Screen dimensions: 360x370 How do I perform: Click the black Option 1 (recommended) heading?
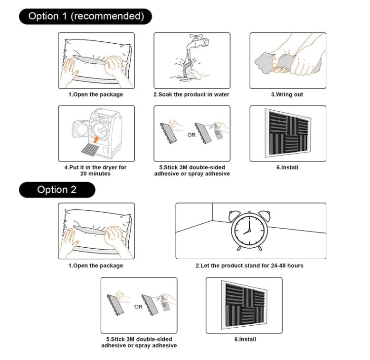click(85, 16)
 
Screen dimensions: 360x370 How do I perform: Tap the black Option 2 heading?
click(57, 190)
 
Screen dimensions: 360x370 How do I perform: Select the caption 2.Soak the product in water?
click(191, 95)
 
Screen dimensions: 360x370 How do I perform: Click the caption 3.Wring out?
click(287, 95)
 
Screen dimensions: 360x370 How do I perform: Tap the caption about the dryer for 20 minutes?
click(95, 171)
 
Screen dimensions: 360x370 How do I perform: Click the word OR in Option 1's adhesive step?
click(191, 135)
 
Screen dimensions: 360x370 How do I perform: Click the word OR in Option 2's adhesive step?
click(138, 307)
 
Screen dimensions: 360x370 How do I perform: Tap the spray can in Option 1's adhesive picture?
click(218, 132)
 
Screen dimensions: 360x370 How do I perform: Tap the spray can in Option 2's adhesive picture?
click(165, 303)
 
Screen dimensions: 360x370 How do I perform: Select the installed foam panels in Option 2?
click(244, 306)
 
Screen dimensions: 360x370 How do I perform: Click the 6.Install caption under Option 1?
click(287, 168)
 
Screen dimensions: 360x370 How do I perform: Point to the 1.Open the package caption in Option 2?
click(95, 265)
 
